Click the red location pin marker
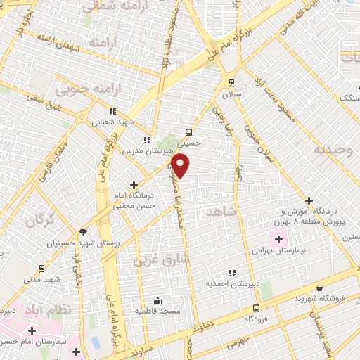181,165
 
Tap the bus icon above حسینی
188,131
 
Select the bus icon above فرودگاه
255,308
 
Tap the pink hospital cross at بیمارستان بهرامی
278,240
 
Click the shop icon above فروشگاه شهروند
320,288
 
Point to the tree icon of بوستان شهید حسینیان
83,232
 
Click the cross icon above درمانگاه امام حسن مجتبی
134,185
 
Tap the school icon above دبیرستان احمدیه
232,273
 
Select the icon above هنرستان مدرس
147,140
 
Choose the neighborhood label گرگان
40,220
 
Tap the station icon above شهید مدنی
42,268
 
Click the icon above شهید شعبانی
112,110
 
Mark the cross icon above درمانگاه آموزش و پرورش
309,200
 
